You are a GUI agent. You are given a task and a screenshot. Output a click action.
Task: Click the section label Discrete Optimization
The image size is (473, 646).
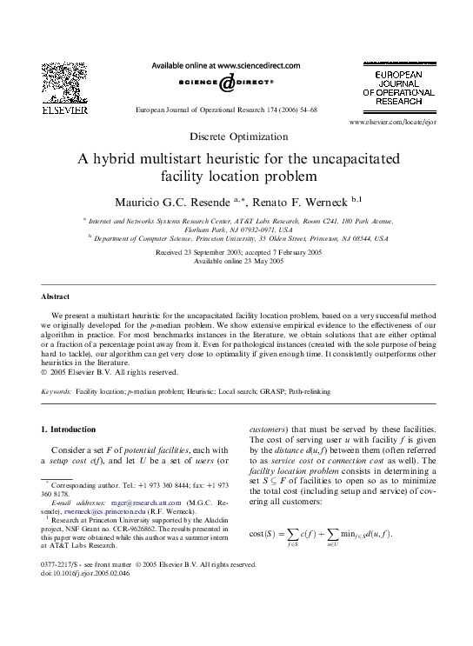(236, 137)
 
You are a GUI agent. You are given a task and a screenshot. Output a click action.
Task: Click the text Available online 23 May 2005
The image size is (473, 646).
(236, 260)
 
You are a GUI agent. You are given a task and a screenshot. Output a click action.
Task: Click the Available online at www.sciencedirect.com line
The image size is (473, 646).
(226, 65)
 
